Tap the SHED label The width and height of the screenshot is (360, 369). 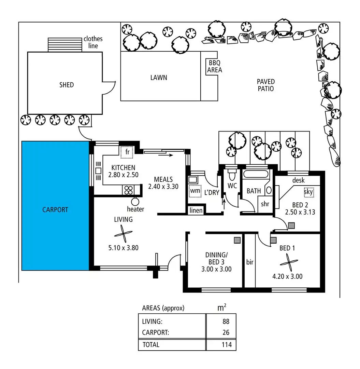tap(66, 85)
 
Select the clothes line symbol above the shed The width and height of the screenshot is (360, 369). tap(65, 45)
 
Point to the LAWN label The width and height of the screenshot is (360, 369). tap(159, 78)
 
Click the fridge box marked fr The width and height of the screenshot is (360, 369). tap(127, 152)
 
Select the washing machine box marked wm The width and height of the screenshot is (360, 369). tap(195, 191)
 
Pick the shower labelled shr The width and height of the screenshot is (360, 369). tap(265, 204)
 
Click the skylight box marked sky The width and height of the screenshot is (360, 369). tap(308, 192)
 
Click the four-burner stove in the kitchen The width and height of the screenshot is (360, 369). tap(129, 189)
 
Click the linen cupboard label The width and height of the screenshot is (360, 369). tap(196, 211)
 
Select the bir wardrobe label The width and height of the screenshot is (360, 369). tap(250, 262)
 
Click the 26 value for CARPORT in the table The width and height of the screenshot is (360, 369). tap(225, 332)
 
